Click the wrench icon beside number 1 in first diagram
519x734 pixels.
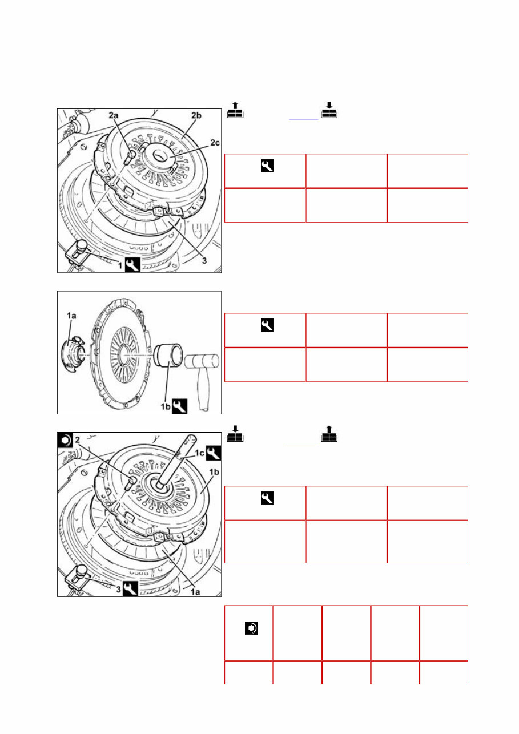point(132,265)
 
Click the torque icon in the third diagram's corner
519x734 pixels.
point(65,439)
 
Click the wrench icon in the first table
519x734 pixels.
point(266,166)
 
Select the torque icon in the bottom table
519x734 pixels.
point(250,628)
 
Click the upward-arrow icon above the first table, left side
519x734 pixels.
point(235,112)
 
